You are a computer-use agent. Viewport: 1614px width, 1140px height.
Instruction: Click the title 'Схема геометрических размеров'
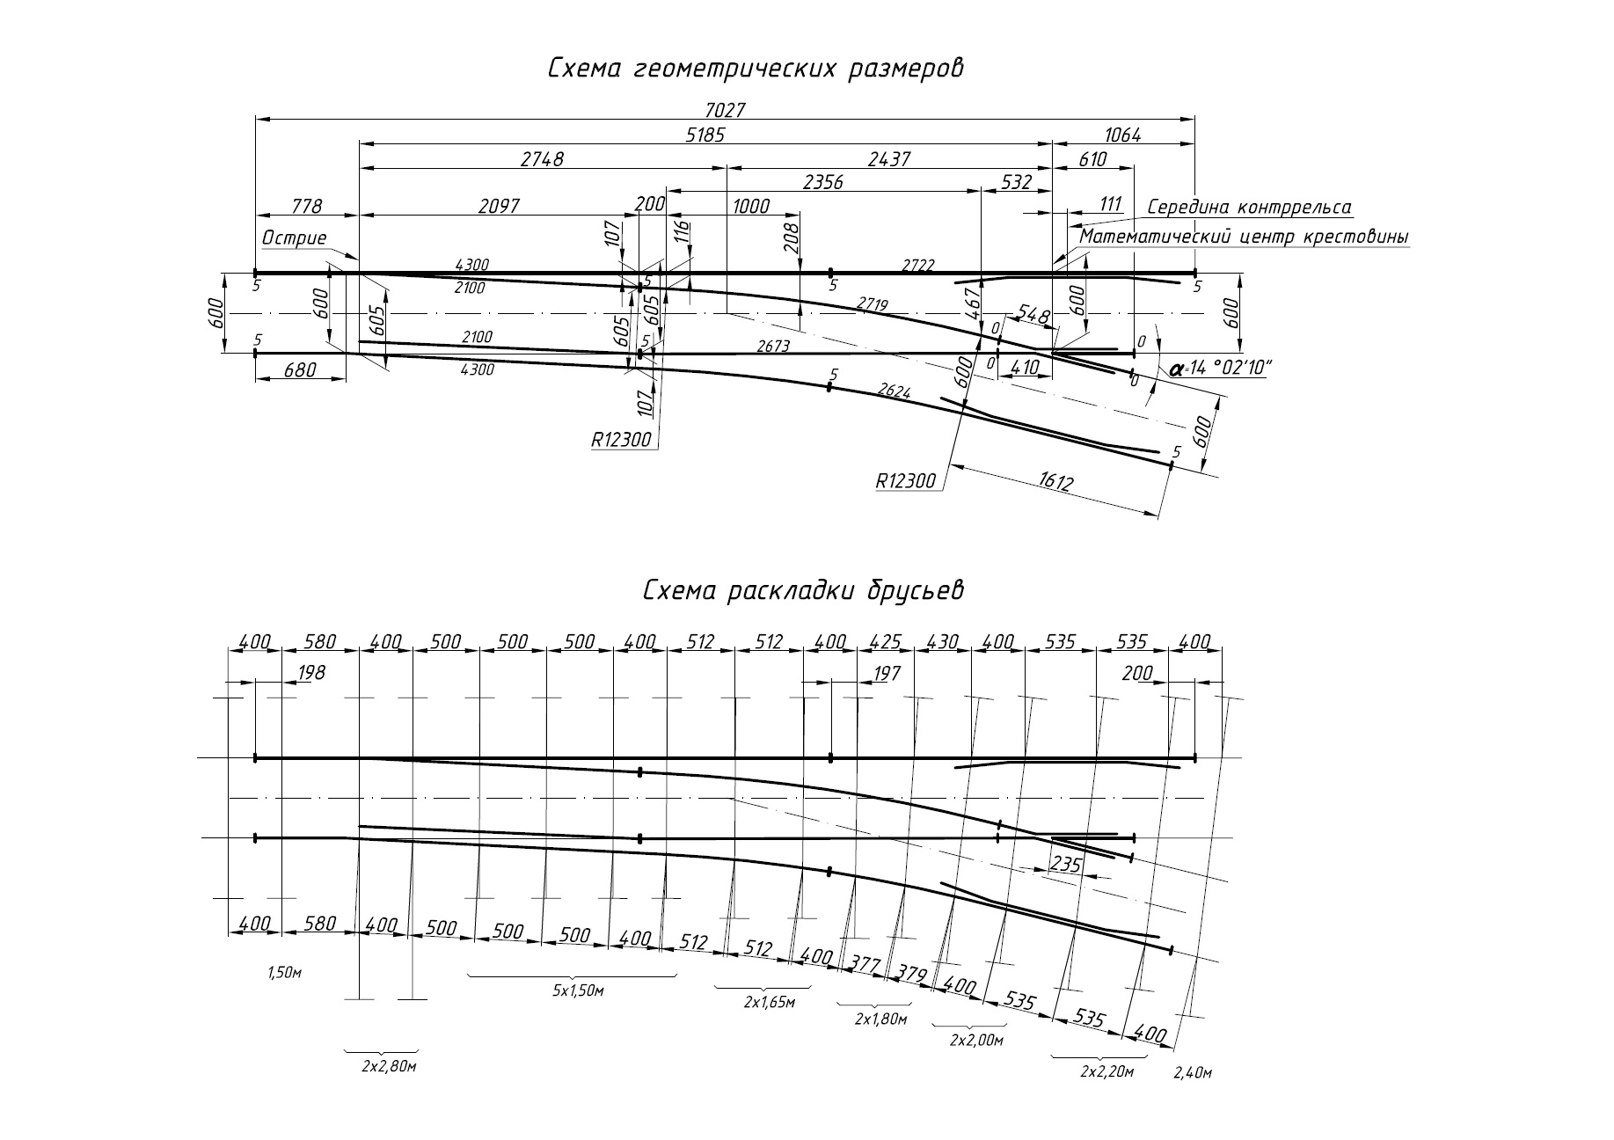pos(756,69)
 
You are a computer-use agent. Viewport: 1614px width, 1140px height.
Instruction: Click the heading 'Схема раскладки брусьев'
pos(803,590)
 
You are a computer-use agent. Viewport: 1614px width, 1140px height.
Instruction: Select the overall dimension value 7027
pos(725,110)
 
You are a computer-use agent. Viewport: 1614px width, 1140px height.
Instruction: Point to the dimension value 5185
pos(705,135)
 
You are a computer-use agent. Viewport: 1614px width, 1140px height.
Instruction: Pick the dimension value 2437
pos(889,159)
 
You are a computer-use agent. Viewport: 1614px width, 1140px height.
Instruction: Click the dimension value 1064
pos(1122,135)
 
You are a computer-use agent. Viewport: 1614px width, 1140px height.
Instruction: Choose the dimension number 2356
pos(823,182)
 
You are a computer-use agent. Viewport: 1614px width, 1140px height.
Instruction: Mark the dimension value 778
pos(306,207)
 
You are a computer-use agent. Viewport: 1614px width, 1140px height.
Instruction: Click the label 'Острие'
pos(294,237)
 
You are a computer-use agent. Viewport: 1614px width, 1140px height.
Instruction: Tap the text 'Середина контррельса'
pos(1249,208)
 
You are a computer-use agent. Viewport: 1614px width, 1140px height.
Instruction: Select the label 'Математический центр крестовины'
pos(1245,237)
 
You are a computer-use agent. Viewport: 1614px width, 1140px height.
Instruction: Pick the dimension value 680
pos(300,370)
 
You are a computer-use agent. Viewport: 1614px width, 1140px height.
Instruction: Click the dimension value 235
pos(1066,865)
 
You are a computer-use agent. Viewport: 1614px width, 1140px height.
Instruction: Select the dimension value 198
pos(311,673)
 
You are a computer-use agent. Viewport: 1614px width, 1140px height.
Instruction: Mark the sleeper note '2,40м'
pos(1193,1073)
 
